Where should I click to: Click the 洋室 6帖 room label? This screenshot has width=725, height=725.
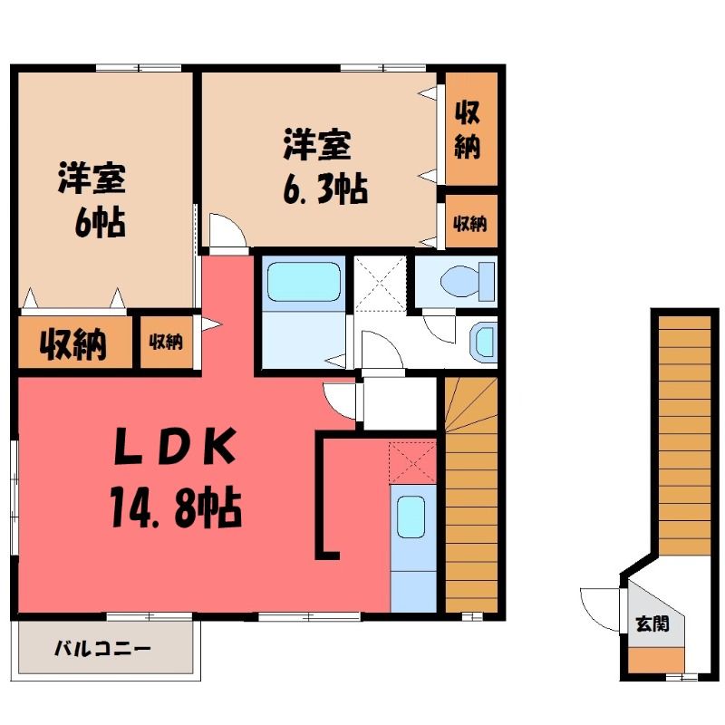[92, 199]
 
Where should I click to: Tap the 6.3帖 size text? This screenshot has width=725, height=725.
[325, 189]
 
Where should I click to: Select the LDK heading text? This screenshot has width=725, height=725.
[175, 446]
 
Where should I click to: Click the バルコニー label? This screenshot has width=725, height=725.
[102, 649]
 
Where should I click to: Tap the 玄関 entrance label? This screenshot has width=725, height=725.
[652, 624]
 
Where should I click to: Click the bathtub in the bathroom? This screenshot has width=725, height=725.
[304, 283]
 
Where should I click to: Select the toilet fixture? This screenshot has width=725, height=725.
[468, 281]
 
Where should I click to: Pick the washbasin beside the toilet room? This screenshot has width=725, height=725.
[483, 343]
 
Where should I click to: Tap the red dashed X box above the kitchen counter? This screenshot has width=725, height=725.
[412, 462]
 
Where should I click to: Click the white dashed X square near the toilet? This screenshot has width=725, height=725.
[380, 284]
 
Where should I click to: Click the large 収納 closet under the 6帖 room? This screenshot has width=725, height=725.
[74, 343]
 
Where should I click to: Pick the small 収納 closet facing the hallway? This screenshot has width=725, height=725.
[167, 343]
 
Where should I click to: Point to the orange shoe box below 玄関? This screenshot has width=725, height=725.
[656, 660]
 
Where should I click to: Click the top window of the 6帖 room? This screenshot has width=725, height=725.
[139, 69]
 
